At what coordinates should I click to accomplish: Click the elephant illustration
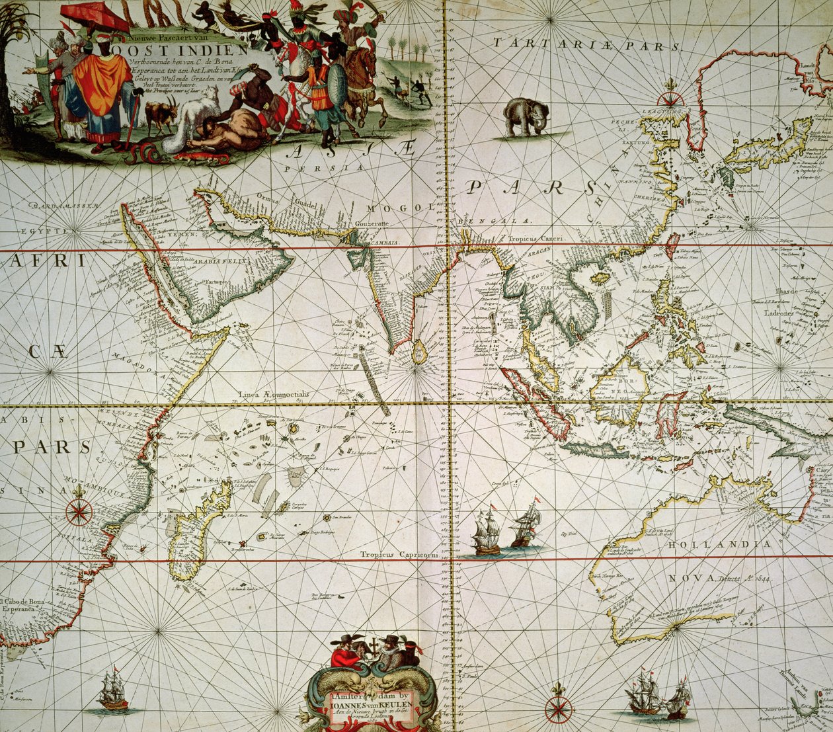point(526,117)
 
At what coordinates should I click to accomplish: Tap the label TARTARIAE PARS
point(586,44)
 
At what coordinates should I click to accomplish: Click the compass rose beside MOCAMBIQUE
point(79,511)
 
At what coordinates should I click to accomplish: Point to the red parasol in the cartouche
point(96,15)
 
